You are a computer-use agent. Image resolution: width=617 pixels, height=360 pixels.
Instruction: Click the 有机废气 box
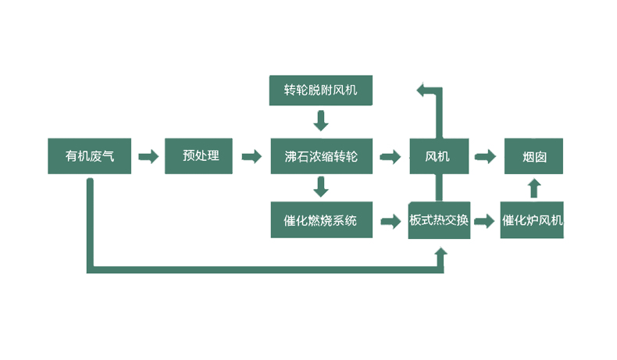point(91,156)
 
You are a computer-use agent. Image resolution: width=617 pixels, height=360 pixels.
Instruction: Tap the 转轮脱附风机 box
point(320,91)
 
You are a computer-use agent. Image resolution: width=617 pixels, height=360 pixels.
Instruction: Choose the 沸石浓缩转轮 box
point(320,156)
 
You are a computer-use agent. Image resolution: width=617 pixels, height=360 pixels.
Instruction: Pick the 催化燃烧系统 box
point(320,221)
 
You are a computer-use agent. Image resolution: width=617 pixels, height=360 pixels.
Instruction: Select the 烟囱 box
point(533,156)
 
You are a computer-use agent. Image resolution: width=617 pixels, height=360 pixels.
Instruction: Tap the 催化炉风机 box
point(532,221)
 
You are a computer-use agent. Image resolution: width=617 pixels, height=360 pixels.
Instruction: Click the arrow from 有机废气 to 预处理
point(148,157)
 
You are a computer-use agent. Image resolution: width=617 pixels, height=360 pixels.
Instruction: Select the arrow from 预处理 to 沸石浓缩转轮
point(251,157)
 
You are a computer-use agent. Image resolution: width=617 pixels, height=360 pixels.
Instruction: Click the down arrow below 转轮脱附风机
point(320,121)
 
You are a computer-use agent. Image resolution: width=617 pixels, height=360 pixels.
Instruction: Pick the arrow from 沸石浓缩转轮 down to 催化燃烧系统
point(320,187)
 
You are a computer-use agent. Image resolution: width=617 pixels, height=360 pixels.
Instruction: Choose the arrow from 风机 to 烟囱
point(486,157)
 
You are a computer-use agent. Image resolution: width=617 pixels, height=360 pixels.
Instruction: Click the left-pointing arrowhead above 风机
point(423,91)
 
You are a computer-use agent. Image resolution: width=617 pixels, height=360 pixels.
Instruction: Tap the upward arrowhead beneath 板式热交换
point(441,253)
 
